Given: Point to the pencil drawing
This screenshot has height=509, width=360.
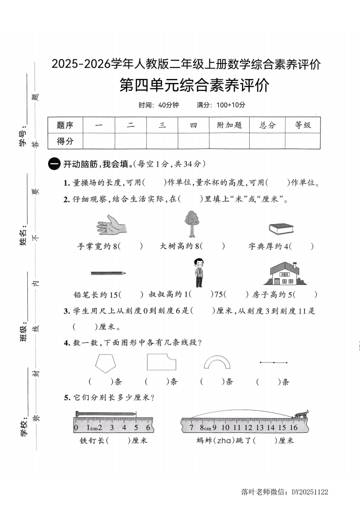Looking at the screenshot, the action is [x=108, y=273].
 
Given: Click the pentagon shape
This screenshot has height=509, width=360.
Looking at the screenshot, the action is [x=105, y=363].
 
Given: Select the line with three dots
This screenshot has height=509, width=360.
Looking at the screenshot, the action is [x=273, y=362].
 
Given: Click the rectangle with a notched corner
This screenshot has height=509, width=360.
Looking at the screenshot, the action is [x=161, y=363].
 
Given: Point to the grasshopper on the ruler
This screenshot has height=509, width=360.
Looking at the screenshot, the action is [x=301, y=414].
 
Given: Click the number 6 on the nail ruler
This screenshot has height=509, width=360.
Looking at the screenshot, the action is [x=148, y=427].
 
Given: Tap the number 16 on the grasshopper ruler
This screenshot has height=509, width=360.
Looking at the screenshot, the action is [x=293, y=427].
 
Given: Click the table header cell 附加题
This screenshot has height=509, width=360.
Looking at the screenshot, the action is [x=229, y=125].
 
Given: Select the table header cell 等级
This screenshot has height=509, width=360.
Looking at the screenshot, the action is [x=303, y=125].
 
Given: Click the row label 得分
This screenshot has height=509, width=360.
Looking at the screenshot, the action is [x=65, y=141].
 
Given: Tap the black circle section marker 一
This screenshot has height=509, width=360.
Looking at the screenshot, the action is [x=54, y=164].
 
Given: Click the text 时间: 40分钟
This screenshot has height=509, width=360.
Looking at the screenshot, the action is [x=159, y=105].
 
